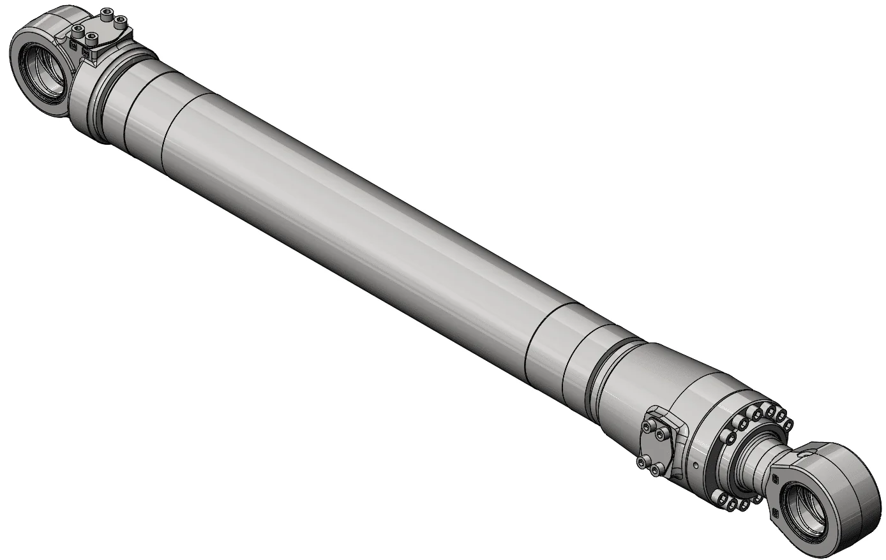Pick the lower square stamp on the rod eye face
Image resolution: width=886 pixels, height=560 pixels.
pyautogui.click(x=776, y=513)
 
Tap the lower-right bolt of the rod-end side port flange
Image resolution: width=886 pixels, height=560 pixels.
pyautogui.click(x=657, y=470)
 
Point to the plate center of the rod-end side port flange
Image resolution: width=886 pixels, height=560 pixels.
pyautogui.click(x=657, y=448)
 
